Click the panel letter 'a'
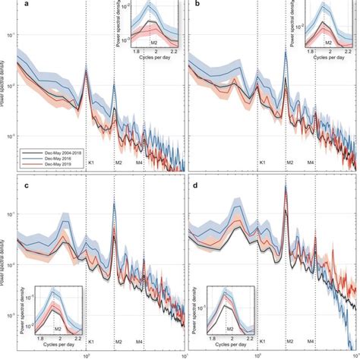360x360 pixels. pos(24,5)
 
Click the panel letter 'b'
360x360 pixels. pos(199,5)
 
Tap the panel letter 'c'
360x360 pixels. pos(24,187)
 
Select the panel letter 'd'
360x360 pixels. pos(199,187)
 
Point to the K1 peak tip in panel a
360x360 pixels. pos(86,70)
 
